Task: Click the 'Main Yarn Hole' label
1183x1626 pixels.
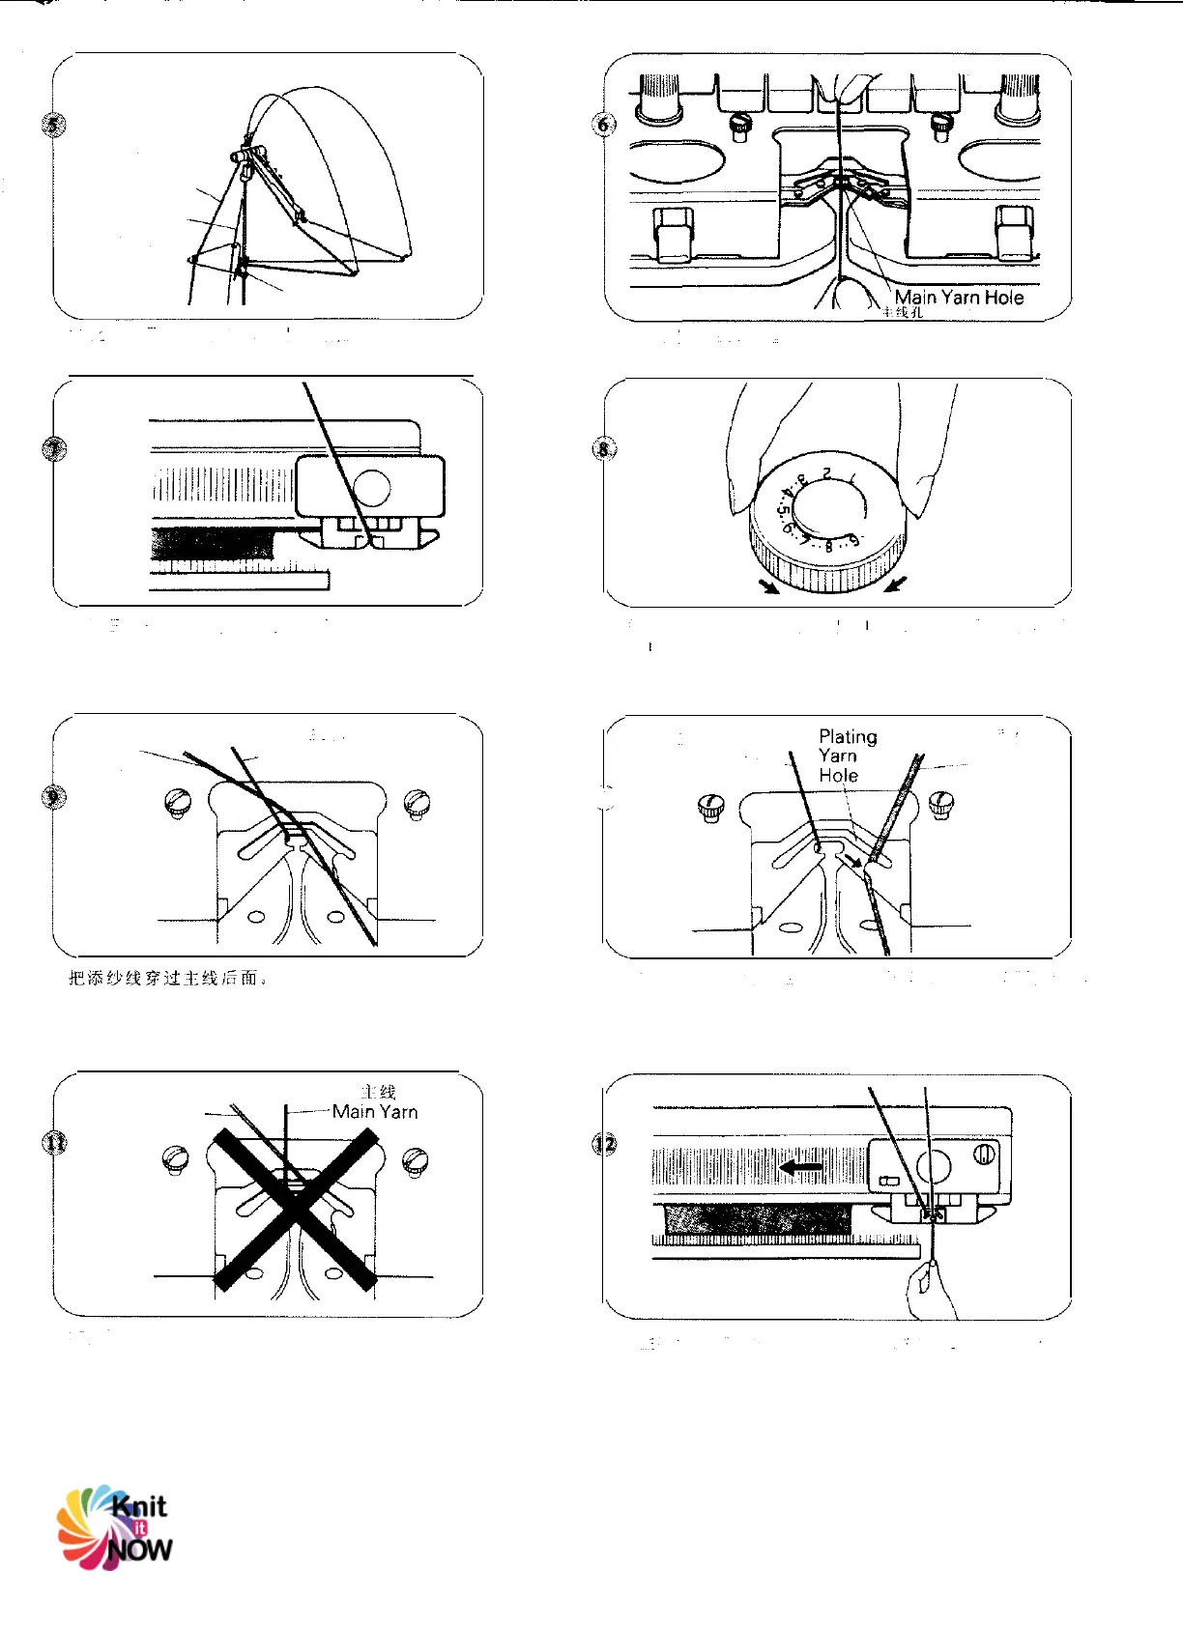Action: click(x=959, y=298)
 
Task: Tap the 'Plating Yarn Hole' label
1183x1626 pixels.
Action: click(x=847, y=756)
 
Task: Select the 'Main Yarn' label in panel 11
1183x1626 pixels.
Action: click(x=375, y=1111)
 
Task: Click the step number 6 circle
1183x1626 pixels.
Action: click(x=604, y=124)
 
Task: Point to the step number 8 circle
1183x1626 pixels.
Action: click(x=604, y=448)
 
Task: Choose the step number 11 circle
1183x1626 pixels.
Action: click(x=55, y=1143)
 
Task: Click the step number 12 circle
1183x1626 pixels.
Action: click(x=604, y=1144)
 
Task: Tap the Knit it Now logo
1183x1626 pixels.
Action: click(x=115, y=1526)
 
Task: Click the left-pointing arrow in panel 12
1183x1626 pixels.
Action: click(x=800, y=1168)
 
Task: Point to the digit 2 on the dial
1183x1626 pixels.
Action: click(x=826, y=472)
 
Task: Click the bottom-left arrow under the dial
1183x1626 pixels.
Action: click(x=769, y=586)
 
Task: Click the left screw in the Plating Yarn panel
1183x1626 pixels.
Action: click(x=711, y=807)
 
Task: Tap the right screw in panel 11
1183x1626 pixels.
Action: click(x=416, y=1158)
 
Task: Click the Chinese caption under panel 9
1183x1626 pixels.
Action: click(x=167, y=979)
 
